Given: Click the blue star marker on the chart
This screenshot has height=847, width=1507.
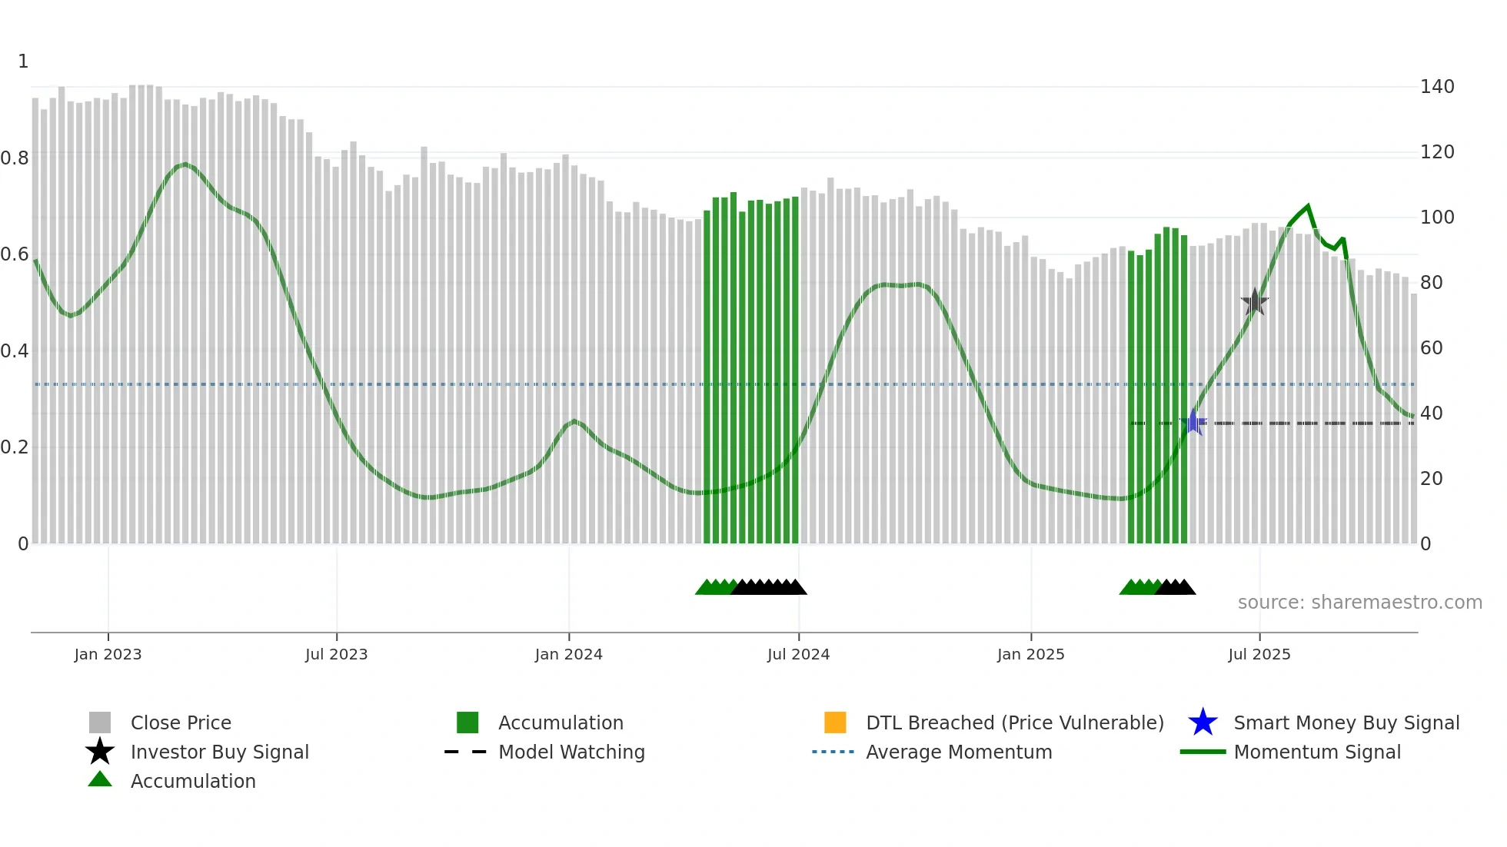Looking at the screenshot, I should coord(1193,423).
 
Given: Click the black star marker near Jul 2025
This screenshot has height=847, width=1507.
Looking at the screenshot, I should coord(1255,302).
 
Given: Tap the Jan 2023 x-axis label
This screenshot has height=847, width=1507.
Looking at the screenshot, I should coord(108,654).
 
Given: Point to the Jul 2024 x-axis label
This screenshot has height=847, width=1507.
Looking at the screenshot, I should coord(798,654).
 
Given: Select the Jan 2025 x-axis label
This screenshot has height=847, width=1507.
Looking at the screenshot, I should coord(1030,654).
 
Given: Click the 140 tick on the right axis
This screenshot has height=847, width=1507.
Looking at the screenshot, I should coord(1436,87).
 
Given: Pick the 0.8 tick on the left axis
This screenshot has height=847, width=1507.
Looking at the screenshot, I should coord(15,158).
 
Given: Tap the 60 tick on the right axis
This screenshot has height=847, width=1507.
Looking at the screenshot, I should coord(1431,348).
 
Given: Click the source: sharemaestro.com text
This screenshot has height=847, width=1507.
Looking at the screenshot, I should coord(1359,603).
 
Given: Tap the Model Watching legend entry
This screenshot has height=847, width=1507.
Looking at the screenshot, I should coord(571,752).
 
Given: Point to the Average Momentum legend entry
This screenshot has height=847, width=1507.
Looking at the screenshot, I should coord(958,752).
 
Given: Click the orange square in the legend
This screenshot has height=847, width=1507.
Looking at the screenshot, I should coord(835,722).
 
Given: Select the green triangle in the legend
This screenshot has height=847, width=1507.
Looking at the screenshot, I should coord(100,780).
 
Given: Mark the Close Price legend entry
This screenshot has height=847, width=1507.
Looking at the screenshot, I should coord(180,722).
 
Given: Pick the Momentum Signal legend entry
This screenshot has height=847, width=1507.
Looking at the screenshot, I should coord(1316,752).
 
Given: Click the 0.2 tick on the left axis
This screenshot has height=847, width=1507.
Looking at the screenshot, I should coord(15,447).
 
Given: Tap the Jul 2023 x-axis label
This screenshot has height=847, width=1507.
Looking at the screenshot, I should coord(336,654).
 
